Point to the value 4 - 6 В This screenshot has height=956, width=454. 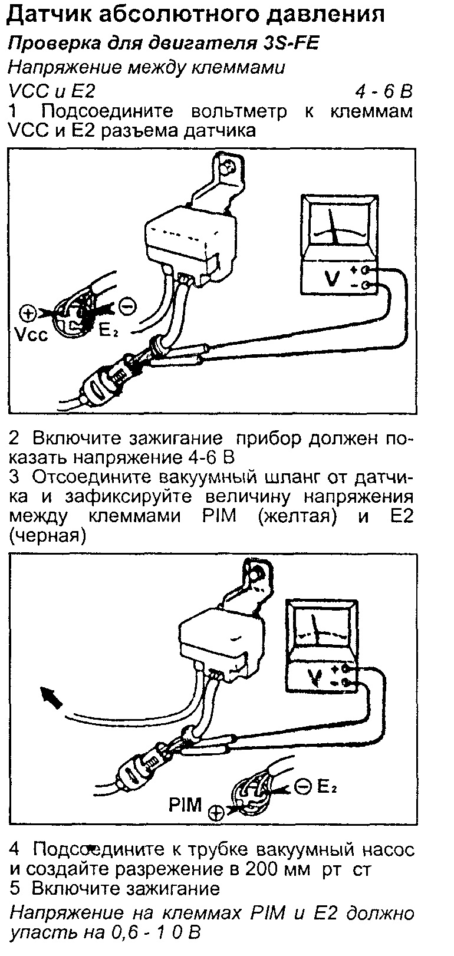(383, 92)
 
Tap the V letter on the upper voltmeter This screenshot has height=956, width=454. (331, 278)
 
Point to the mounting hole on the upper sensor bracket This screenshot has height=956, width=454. (225, 168)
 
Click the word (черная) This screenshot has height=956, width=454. (48, 536)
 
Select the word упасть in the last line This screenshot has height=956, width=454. (41, 934)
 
